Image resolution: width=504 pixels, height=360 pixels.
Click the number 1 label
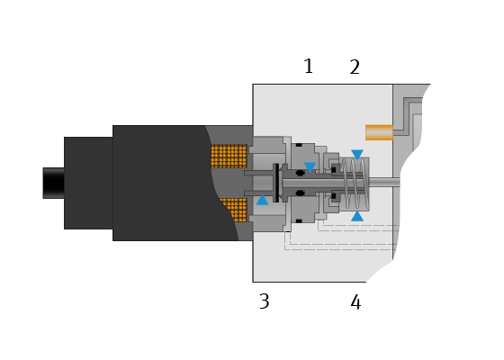(308, 67)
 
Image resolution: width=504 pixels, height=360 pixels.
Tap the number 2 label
(355, 67)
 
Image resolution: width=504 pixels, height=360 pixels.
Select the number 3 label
(265, 301)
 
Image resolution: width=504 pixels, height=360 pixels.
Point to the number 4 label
(355, 302)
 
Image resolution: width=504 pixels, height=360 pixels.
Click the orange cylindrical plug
(379, 132)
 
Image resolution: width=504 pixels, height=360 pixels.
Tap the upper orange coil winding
(229, 156)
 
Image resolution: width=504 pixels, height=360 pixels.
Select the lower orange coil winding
(235, 210)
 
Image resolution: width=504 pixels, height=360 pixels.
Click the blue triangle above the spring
(357, 155)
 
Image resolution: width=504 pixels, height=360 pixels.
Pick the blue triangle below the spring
(357, 216)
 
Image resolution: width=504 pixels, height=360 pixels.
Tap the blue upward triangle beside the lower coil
(262, 200)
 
